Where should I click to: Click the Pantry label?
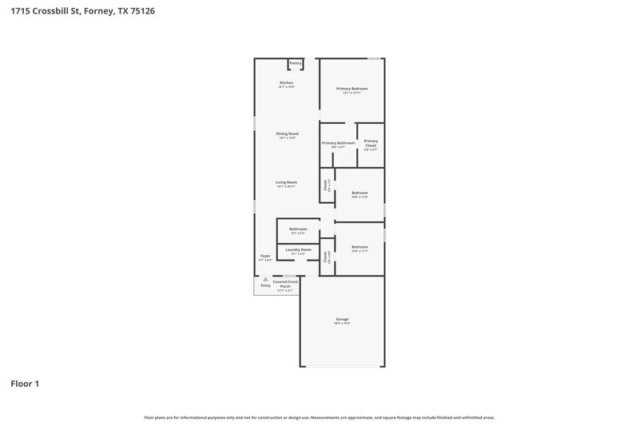point(296,62)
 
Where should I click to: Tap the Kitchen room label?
point(286,83)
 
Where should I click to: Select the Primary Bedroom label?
point(351,88)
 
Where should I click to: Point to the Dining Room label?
point(288,133)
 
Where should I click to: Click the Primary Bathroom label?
point(339,143)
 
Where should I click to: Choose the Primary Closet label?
point(371,143)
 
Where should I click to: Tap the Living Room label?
point(287,182)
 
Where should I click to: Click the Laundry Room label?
point(299,249)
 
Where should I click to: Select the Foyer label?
point(265,256)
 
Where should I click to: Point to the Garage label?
point(342,319)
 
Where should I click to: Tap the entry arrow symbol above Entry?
point(265,279)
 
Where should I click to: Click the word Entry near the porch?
point(265,285)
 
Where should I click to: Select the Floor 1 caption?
point(25,384)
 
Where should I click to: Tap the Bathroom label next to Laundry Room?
point(298,229)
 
